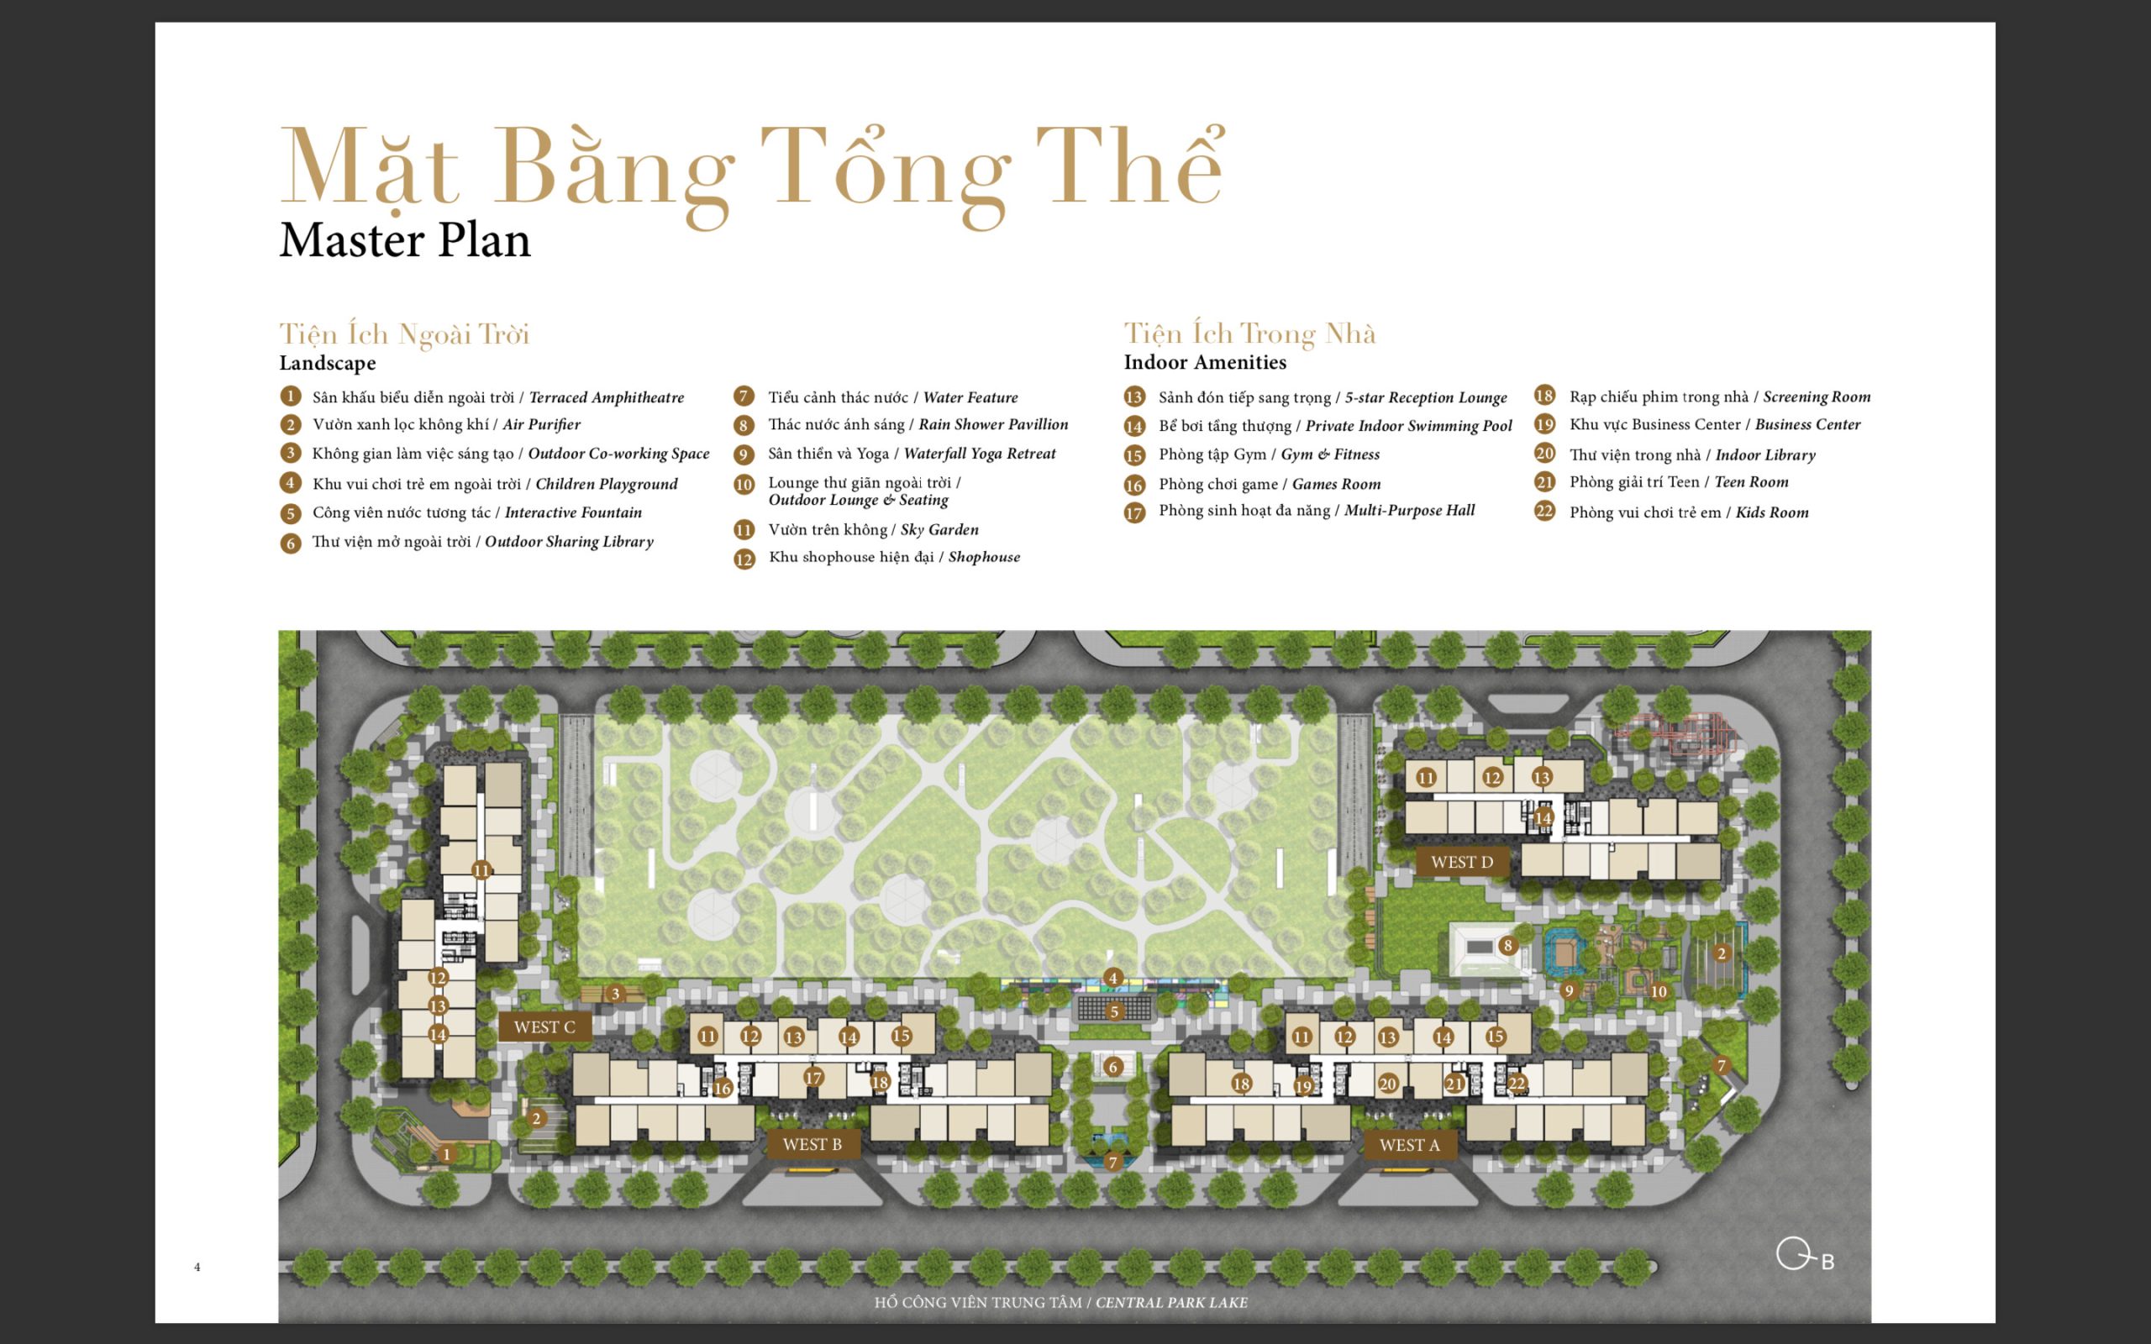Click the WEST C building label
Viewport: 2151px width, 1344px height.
coord(544,1026)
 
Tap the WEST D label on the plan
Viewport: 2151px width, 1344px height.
coord(1461,861)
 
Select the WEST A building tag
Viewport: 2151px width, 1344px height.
coord(1410,1145)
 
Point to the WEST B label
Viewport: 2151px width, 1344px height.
coord(813,1144)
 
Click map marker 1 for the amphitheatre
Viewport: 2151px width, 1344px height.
coord(446,1154)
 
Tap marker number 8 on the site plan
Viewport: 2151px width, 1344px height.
coord(1507,945)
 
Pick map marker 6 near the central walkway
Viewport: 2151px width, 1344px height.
coord(1112,1067)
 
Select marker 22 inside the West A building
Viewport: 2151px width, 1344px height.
coord(1517,1084)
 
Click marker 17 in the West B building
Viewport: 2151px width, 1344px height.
coord(813,1078)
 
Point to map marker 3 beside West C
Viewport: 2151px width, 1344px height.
coord(615,994)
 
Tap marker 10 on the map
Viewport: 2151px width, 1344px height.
coord(1659,992)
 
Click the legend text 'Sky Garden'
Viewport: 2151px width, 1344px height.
coord(939,530)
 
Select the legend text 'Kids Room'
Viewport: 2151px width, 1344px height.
coord(1772,513)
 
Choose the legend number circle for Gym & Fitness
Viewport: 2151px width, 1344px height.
coord(1134,456)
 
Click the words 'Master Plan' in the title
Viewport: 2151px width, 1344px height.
coord(405,240)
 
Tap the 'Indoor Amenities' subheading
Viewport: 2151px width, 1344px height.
coord(1205,362)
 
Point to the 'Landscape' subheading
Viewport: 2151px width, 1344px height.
coord(328,363)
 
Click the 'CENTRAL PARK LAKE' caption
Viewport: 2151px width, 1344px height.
coord(1171,1302)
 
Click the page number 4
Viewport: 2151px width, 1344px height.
coord(197,1267)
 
